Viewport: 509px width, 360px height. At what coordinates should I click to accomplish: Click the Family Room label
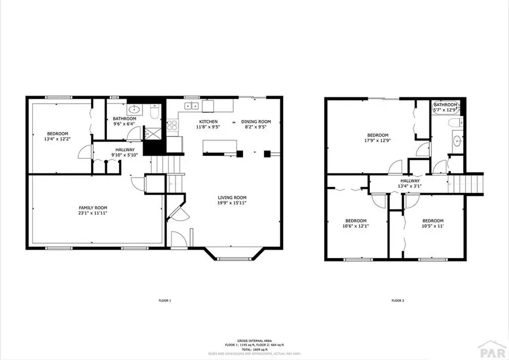pyautogui.click(x=93, y=208)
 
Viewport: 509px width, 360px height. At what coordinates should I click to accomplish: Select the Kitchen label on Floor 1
pyautogui.click(x=208, y=122)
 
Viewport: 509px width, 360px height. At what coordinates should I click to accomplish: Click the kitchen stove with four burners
pyautogui.click(x=172, y=126)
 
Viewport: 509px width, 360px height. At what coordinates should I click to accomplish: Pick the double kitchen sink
pyautogui.click(x=192, y=105)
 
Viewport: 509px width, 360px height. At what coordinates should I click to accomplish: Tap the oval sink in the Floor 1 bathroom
pyautogui.click(x=135, y=109)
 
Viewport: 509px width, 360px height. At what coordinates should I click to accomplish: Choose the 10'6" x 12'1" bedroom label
pyautogui.click(x=356, y=221)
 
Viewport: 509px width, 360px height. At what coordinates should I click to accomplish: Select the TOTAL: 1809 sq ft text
pyautogui.click(x=255, y=349)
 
